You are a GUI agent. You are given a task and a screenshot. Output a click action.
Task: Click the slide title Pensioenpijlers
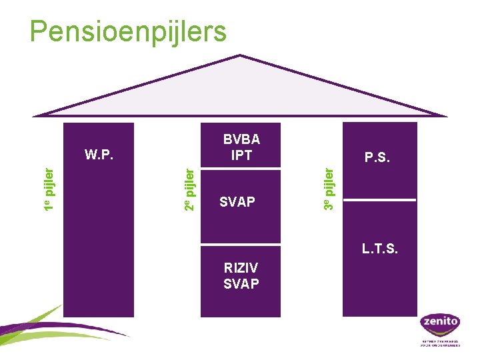click(129, 31)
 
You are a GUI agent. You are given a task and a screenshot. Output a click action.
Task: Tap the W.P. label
click(99, 155)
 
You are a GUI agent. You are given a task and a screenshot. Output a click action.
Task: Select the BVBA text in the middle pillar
click(241, 140)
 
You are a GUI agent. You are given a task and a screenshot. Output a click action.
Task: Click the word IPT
click(241, 155)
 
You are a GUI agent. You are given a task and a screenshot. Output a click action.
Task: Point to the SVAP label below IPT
click(237, 201)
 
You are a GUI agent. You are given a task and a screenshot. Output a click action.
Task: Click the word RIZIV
click(241, 268)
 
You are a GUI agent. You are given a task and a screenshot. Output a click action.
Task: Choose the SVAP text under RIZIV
click(241, 283)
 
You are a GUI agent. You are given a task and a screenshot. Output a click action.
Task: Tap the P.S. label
click(378, 158)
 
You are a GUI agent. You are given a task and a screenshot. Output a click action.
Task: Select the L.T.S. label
click(379, 249)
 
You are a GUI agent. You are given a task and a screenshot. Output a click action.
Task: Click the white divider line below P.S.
click(379, 200)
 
